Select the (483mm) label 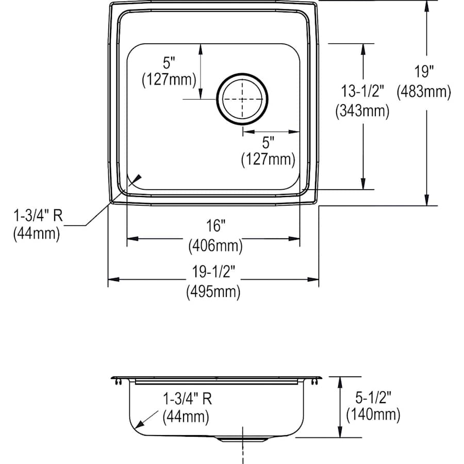tap(424, 92)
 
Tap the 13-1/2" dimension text tap(362, 91)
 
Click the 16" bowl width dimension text tap(214, 225)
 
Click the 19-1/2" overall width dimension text tap(213, 272)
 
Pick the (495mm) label tap(213, 292)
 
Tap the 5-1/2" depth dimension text tap(372, 397)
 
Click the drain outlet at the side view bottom tap(242, 439)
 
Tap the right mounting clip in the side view tap(314, 382)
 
